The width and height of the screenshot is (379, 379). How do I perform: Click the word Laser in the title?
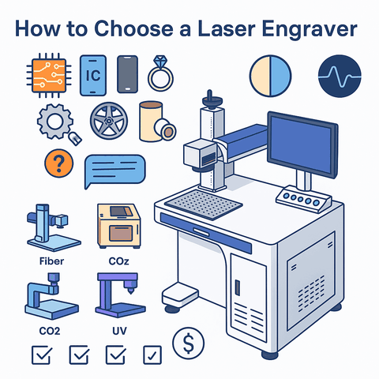(x=228, y=29)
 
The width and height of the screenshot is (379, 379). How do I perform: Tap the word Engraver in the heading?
(x=311, y=30)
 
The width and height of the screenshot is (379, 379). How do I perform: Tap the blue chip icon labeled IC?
(x=92, y=73)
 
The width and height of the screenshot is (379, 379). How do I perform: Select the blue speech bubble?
(x=115, y=169)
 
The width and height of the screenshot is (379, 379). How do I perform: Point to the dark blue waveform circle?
(x=336, y=77)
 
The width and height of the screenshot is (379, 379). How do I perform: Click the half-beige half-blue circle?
(x=270, y=77)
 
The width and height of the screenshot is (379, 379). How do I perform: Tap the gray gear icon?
(x=54, y=122)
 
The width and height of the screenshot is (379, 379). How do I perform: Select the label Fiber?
(x=51, y=261)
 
